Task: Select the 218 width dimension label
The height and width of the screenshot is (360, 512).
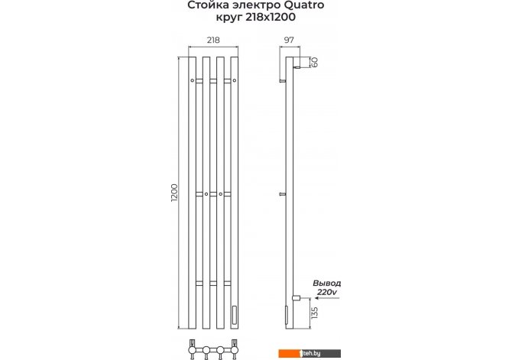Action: pos(213,40)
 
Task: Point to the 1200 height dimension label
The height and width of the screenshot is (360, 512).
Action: pos(174,193)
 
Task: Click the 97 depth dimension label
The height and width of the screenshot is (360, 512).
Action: pos(289,40)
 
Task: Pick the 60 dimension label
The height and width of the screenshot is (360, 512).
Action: pos(314,62)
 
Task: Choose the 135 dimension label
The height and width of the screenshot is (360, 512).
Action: pos(314,313)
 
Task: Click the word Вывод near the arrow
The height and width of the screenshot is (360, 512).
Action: pos(327,284)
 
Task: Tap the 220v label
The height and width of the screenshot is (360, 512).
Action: pos(326,292)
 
